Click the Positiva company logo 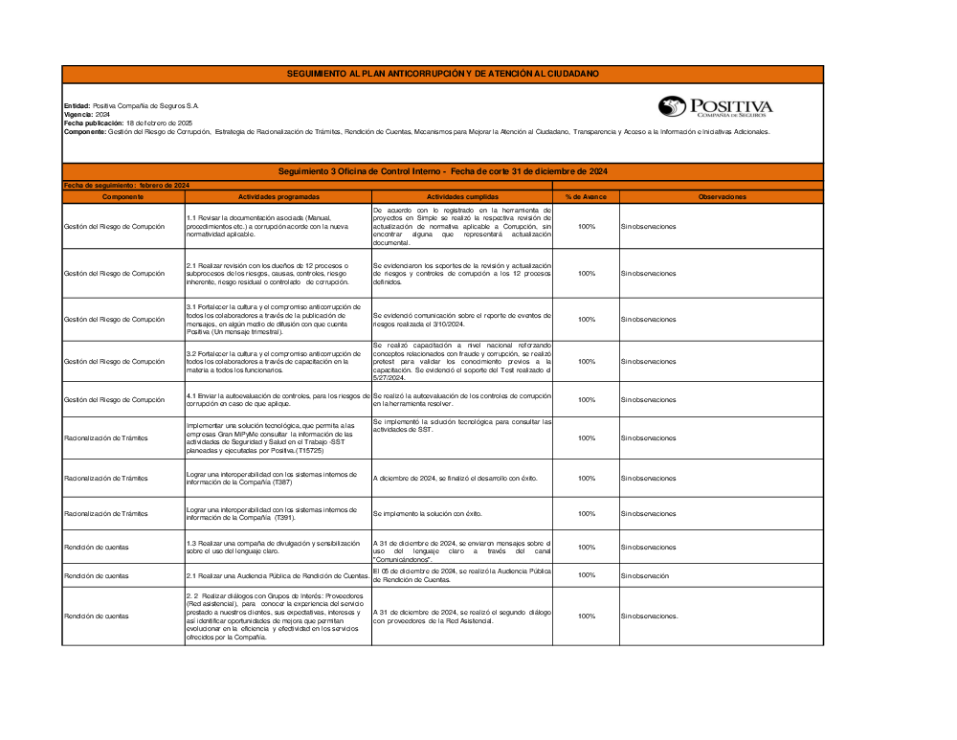(x=715, y=107)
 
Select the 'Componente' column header (x=122, y=196)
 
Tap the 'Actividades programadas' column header (x=278, y=196)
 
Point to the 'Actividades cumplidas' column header (x=462, y=196)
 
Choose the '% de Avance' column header (x=586, y=196)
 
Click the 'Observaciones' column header (x=722, y=196)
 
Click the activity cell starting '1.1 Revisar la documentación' (x=278, y=226)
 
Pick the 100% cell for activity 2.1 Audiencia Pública (x=586, y=576)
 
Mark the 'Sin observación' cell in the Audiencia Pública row (x=644, y=576)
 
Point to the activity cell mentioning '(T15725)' (x=278, y=437)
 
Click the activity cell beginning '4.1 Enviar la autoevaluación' (x=278, y=400)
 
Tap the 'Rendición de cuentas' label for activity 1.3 (x=96, y=548)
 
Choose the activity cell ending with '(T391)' (x=278, y=514)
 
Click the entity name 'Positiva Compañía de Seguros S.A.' (x=145, y=105)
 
